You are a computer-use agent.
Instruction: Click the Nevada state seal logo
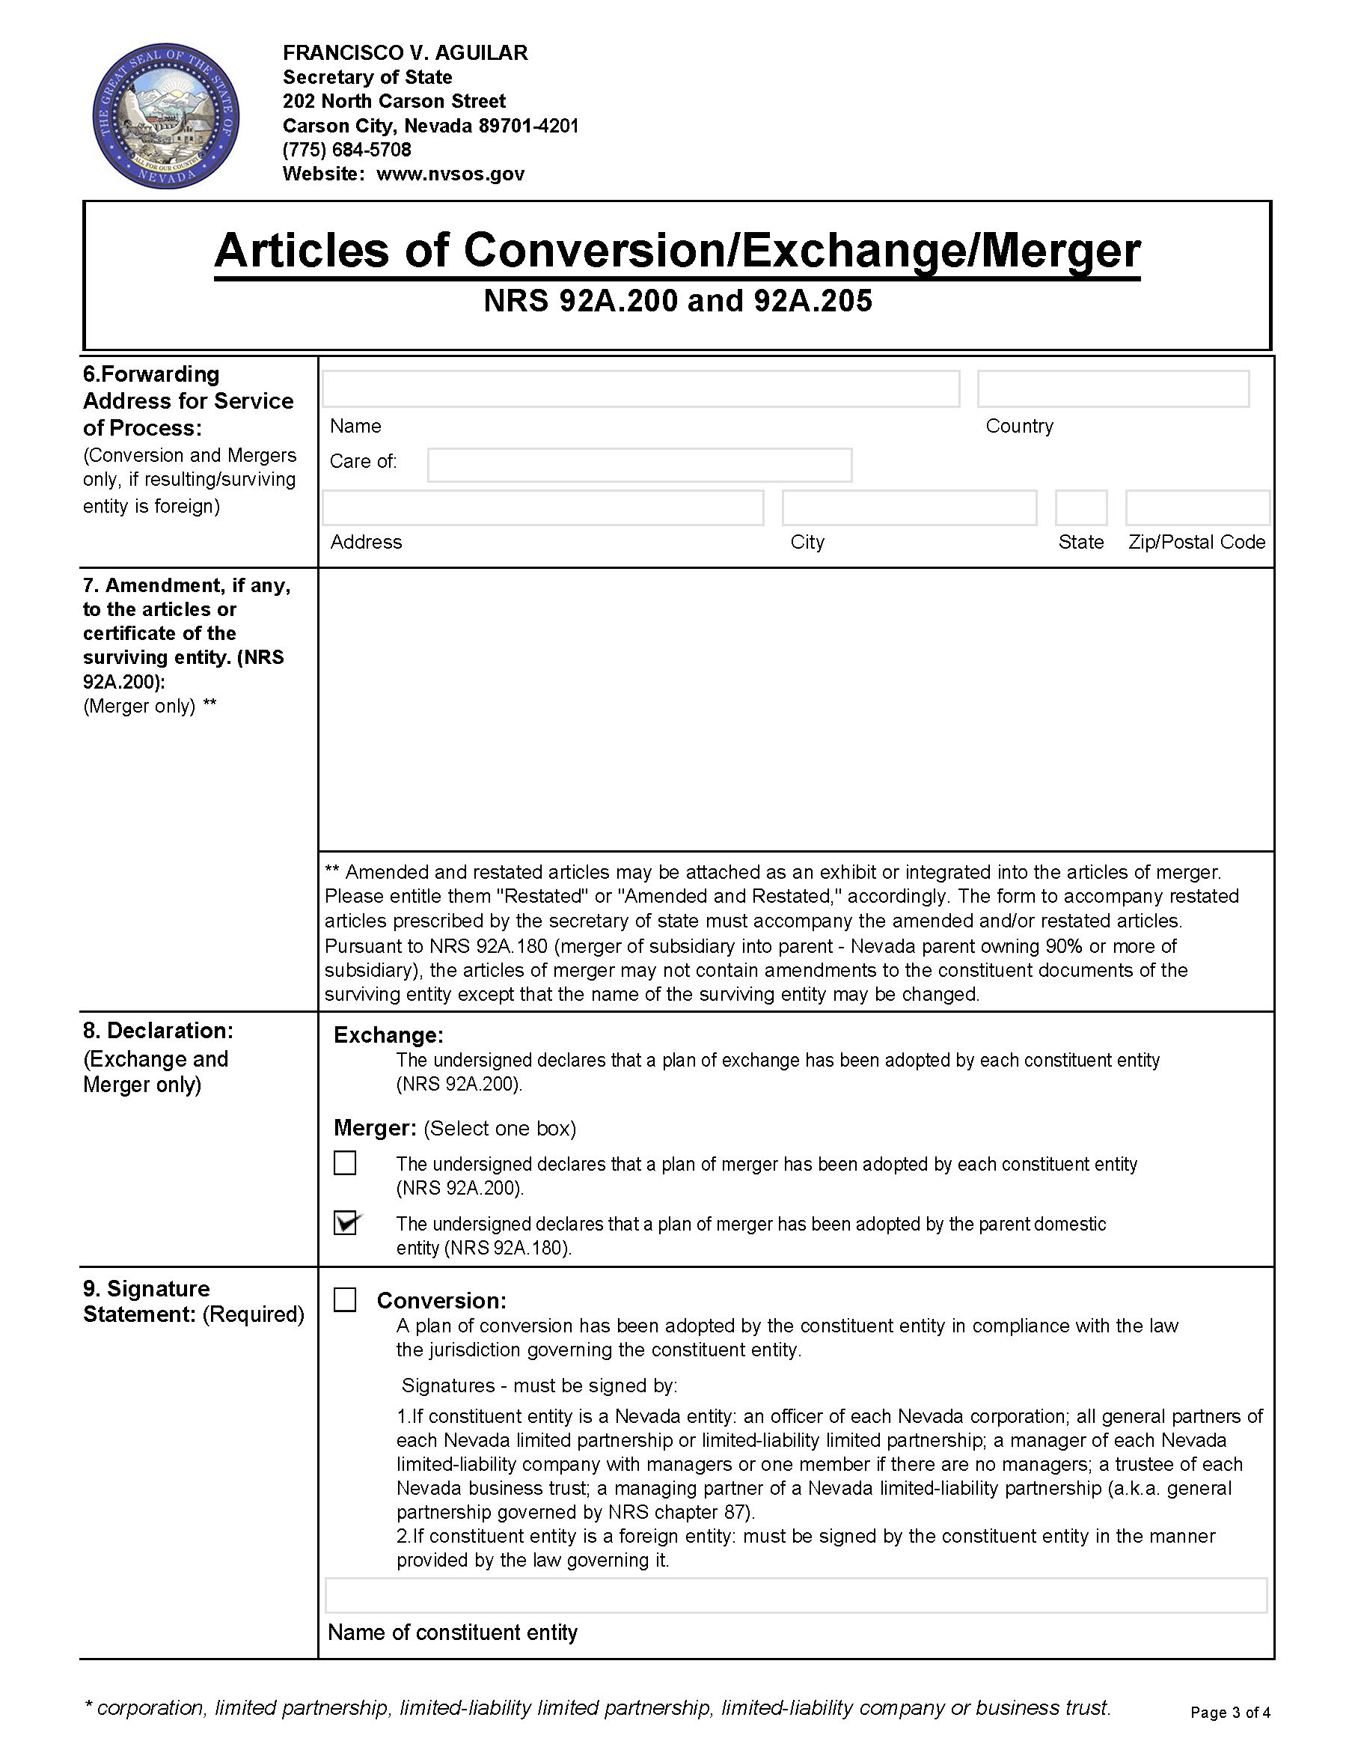point(166,116)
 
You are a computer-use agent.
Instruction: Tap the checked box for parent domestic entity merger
point(345,1223)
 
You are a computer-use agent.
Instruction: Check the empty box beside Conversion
point(345,1299)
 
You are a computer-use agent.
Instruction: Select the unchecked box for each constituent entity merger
point(345,1162)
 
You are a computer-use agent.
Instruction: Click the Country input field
point(1113,389)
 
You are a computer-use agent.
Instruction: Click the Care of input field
point(640,465)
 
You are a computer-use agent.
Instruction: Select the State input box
point(1080,508)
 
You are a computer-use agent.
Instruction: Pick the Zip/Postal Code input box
point(1198,508)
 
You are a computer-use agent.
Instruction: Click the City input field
point(909,508)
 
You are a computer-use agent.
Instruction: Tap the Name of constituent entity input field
point(796,1595)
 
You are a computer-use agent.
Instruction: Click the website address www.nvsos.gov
point(450,174)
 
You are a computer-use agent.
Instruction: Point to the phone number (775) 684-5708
point(347,150)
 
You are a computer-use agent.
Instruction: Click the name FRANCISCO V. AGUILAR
point(405,53)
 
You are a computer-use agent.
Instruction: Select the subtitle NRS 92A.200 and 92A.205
point(678,301)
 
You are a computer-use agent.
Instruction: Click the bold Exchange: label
point(389,1035)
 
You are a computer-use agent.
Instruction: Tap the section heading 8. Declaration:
point(158,1031)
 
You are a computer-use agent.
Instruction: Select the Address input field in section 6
point(542,508)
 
